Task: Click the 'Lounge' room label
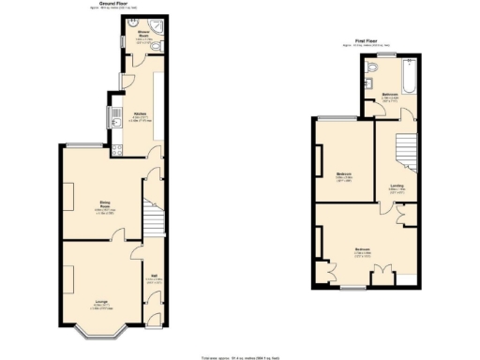click(x=100, y=301)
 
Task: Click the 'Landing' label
click(x=397, y=186)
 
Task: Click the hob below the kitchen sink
click(x=113, y=136)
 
